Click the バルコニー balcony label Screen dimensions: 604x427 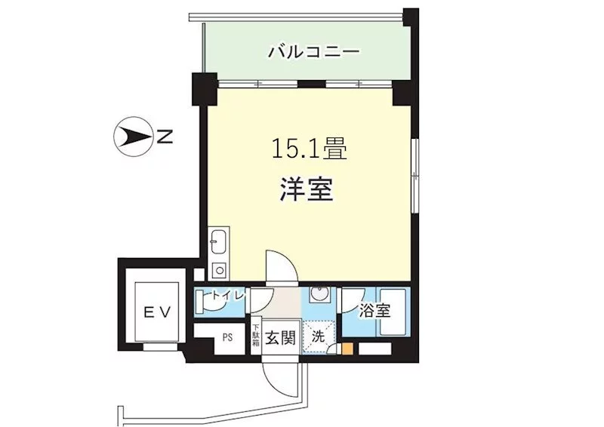tap(313, 51)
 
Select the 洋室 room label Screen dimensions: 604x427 tap(307, 189)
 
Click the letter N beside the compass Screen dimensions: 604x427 tap(165, 137)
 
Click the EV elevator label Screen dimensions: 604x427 tap(157, 312)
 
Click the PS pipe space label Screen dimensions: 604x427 tap(228, 338)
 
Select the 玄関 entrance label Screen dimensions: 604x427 tap(281, 338)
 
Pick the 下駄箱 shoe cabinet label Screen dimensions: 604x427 tap(256, 336)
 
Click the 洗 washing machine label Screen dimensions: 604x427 tap(318, 337)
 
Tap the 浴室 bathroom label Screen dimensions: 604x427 tap(374, 311)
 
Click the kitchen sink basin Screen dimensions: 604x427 tap(218, 242)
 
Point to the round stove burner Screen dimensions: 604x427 tap(220, 270)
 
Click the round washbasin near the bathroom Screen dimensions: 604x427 tap(319, 295)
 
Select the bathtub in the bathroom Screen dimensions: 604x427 tap(393, 312)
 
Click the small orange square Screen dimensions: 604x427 tap(347, 349)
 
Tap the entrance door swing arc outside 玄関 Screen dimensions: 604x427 tap(280, 379)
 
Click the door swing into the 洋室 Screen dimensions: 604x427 tap(282, 266)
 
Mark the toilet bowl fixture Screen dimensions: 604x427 tap(201, 302)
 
